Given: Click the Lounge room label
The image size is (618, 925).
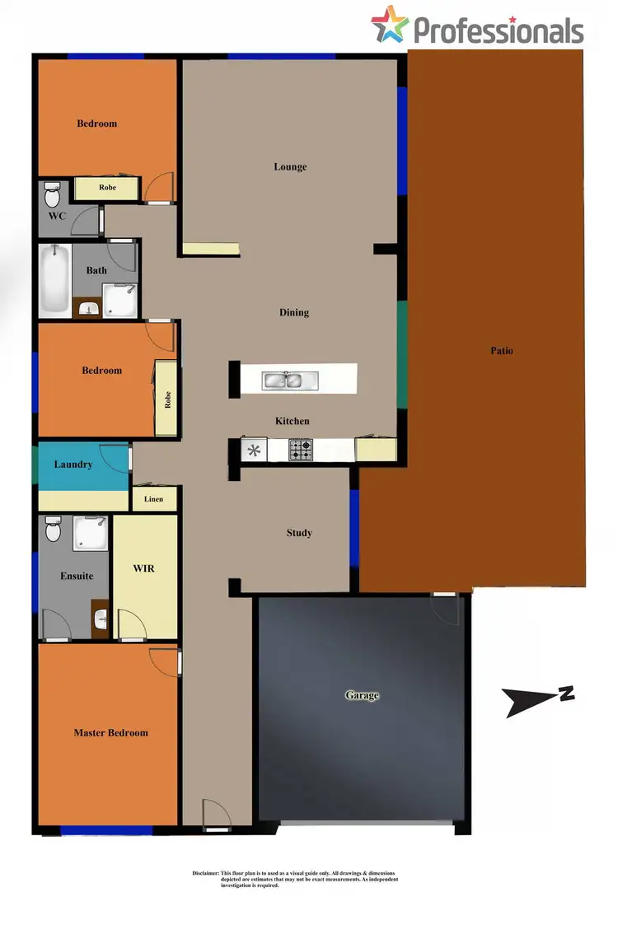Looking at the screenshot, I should pyautogui.click(x=290, y=166).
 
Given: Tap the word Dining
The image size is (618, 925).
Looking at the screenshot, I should pyautogui.click(x=294, y=312).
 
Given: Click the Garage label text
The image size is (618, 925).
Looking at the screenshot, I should pyautogui.click(x=362, y=695).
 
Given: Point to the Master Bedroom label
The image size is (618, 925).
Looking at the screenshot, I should pyautogui.click(x=110, y=732).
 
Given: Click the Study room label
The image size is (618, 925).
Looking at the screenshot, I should pyautogui.click(x=299, y=533).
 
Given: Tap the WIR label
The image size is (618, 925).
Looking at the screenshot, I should pyautogui.click(x=143, y=568).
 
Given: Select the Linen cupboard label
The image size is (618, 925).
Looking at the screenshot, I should pyautogui.click(x=153, y=499).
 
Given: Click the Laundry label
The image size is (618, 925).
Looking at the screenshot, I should pyautogui.click(x=73, y=465).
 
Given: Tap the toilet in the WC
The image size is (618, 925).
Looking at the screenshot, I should pyautogui.click(x=53, y=196).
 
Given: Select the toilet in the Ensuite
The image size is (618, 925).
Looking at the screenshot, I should pyautogui.click(x=54, y=529).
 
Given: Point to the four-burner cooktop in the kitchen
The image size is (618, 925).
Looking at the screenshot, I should pyautogui.click(x=301, y=450).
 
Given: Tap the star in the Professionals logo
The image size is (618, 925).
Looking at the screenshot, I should pyautogui.click(x=389, y=25).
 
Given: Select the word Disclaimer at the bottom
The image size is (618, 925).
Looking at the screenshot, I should pyautogui.click(x=200, y=873).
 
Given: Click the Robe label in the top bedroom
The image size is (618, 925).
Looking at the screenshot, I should pyautogui.click(x=107, y=188).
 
